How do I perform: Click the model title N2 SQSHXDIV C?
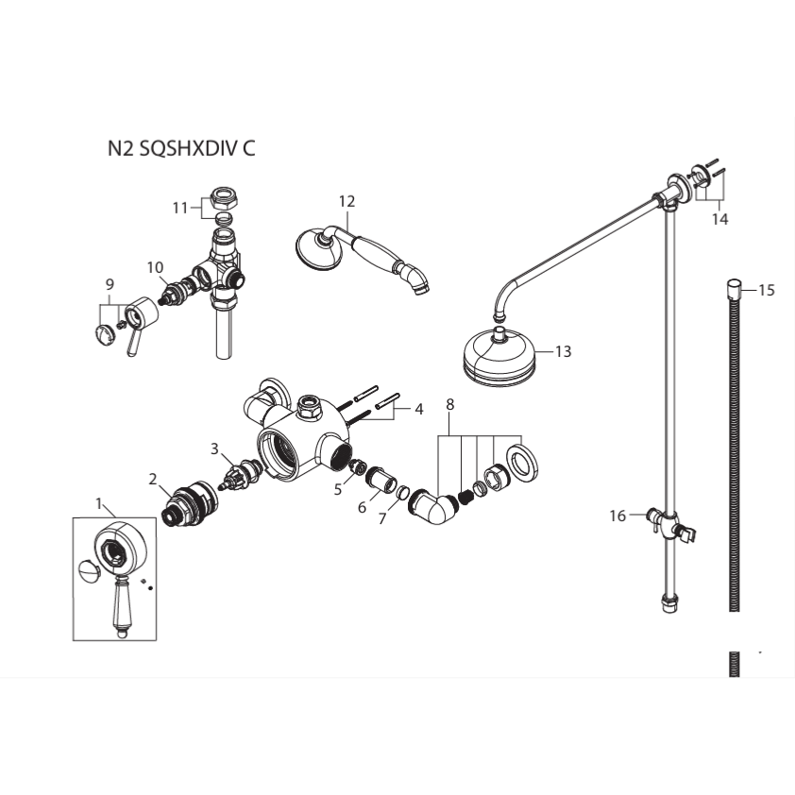click(180, 148)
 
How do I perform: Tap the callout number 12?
click(347, 200)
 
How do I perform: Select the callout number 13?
click(563, 351)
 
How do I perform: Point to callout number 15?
click(766, 290)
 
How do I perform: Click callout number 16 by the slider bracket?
click(617, 516)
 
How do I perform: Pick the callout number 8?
click(449, 404)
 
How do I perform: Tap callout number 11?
click(179, 208)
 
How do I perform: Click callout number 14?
click(720, 218)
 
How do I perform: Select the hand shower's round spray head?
click(312, 246)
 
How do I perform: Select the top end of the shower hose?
click(734, 285)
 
